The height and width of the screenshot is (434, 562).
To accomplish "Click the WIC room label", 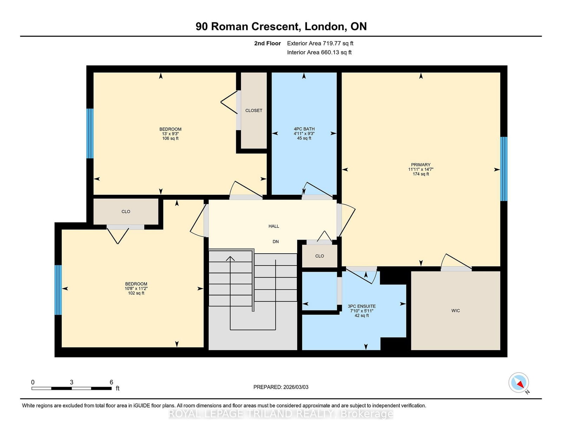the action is [456, 311].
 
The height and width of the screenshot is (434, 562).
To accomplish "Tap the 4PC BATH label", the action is [304, 129].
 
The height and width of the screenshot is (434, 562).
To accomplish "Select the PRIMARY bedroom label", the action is [421, 165].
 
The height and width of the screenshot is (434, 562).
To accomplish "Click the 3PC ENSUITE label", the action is [361, 306].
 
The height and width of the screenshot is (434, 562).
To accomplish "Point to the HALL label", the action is [274, 226].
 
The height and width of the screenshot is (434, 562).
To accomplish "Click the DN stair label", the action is [276, 241].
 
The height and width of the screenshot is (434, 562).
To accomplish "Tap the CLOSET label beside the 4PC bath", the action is [254, 111].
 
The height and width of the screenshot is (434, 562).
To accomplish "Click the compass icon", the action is [518, 382].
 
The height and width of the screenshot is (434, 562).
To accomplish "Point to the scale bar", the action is [71, 388].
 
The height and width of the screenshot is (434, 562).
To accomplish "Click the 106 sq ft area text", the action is [170, 139].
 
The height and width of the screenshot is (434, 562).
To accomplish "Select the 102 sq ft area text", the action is [136, 293].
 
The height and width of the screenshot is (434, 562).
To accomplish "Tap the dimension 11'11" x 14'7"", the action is [421, 169].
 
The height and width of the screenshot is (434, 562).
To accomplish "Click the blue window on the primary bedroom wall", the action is [504, 169].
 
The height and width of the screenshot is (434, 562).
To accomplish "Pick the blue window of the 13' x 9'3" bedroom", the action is [90, 133].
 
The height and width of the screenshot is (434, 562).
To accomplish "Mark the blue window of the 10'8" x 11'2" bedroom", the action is [58, 290].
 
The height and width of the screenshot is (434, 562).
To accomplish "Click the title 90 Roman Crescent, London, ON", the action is [281, 27].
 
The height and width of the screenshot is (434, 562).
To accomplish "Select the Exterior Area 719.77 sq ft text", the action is [320, 44].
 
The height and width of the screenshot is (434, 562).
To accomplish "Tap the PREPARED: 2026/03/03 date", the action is [281, 387].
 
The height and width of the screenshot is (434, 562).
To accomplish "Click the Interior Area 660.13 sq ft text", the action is [319, 52].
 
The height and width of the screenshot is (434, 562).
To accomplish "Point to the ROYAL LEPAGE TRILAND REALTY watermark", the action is [281, 414].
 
